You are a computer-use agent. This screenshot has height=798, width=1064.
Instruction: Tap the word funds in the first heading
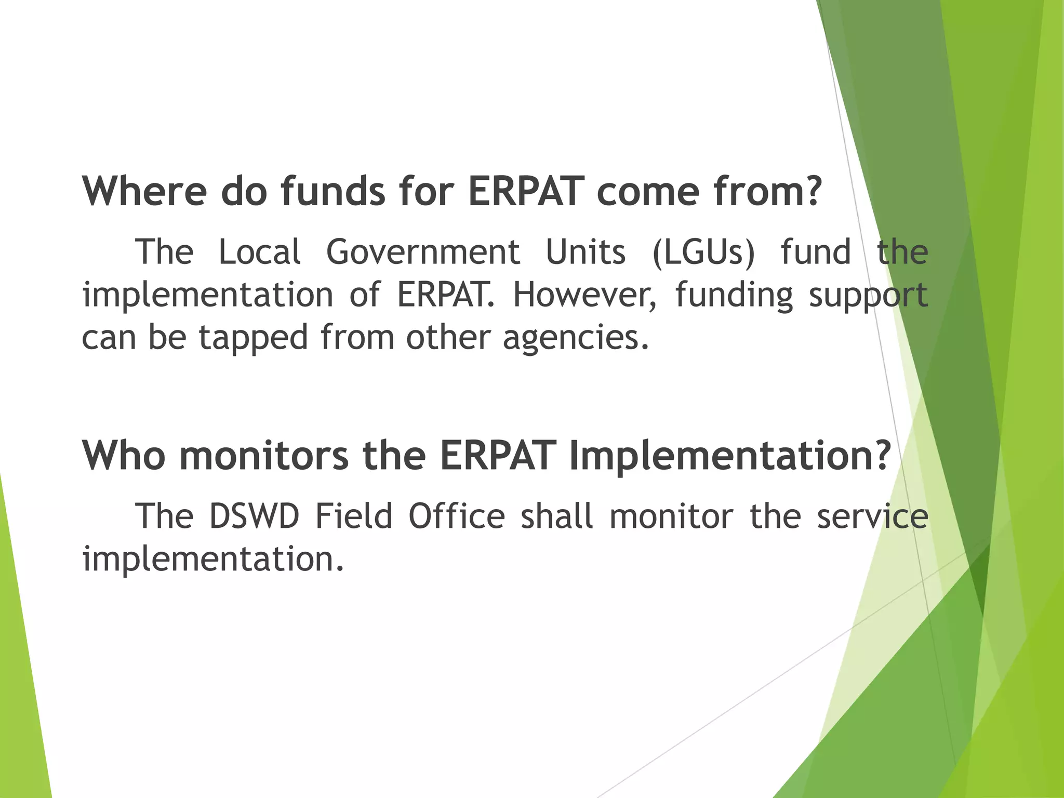(333, 191)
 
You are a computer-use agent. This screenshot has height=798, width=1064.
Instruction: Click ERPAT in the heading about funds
(525, 191)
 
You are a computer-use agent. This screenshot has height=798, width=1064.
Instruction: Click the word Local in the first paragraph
(260, 252)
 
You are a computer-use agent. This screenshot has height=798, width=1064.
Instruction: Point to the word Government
(423, 252)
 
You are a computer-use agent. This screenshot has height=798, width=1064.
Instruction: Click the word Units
(586, 252)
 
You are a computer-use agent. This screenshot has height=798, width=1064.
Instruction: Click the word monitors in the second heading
(264, 455)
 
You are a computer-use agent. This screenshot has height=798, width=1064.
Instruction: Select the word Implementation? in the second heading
(730, 456)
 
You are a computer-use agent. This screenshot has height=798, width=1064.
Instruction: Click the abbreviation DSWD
(254, 517)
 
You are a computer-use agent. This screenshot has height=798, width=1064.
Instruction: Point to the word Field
(354, 517)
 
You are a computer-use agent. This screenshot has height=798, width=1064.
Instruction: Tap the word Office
(457, 517)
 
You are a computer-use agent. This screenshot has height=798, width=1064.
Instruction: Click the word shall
(556, 517)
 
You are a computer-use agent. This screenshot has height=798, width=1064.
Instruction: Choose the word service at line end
(872, 517)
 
